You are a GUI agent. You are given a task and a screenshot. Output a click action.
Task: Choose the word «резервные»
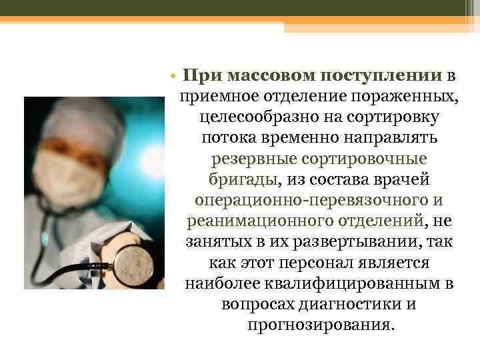[x=252, y=160]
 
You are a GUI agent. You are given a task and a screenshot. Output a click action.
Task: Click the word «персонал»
[x=317, y=263]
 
